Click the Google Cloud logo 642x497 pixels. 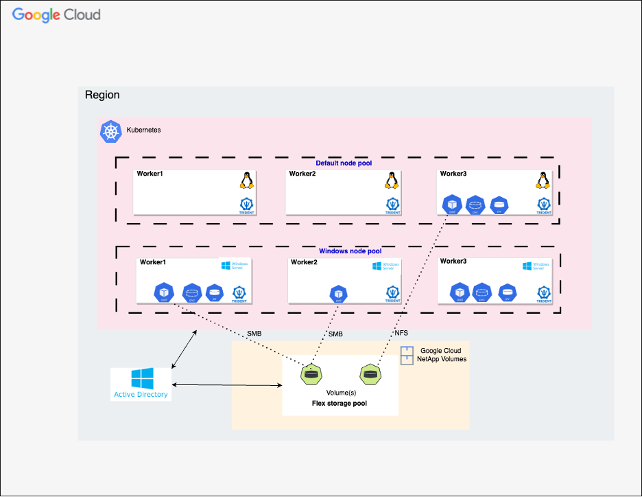click(x=56, y=14)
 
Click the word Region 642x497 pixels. click(x=102, y=95)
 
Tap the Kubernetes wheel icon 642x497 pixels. click(x=110, y=132)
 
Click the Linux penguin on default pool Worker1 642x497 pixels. click(x=247, y=181)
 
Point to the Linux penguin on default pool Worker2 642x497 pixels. click(x=392, y=181)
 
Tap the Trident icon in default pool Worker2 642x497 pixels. click(x=392, y=205)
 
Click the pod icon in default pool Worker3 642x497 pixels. click(x=452, y=205)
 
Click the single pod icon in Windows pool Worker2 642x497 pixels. click(x=337, y=294)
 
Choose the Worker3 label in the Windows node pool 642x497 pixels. click(x=453, y=262)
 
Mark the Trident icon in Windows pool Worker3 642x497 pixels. click(x=543, y=294)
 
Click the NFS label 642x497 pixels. click(x=402, y=334)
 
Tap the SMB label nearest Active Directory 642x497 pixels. click(x=253, y=334)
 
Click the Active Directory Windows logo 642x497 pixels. click(x=142, y=379)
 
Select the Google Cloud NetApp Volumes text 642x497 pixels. click(x=442, y=355)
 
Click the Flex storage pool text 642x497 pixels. click(x=340, y=404)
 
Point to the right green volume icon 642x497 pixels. click(x=370, y=375)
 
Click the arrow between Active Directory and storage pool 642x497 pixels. click(x=227, y=385)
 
